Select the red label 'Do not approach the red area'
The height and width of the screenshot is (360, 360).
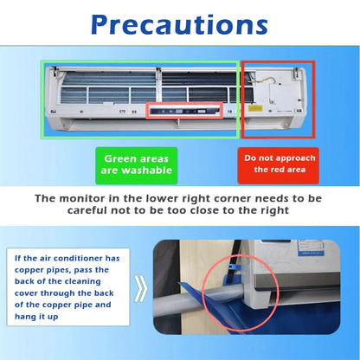point(278,164)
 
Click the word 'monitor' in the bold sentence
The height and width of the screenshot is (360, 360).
point(101,199)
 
